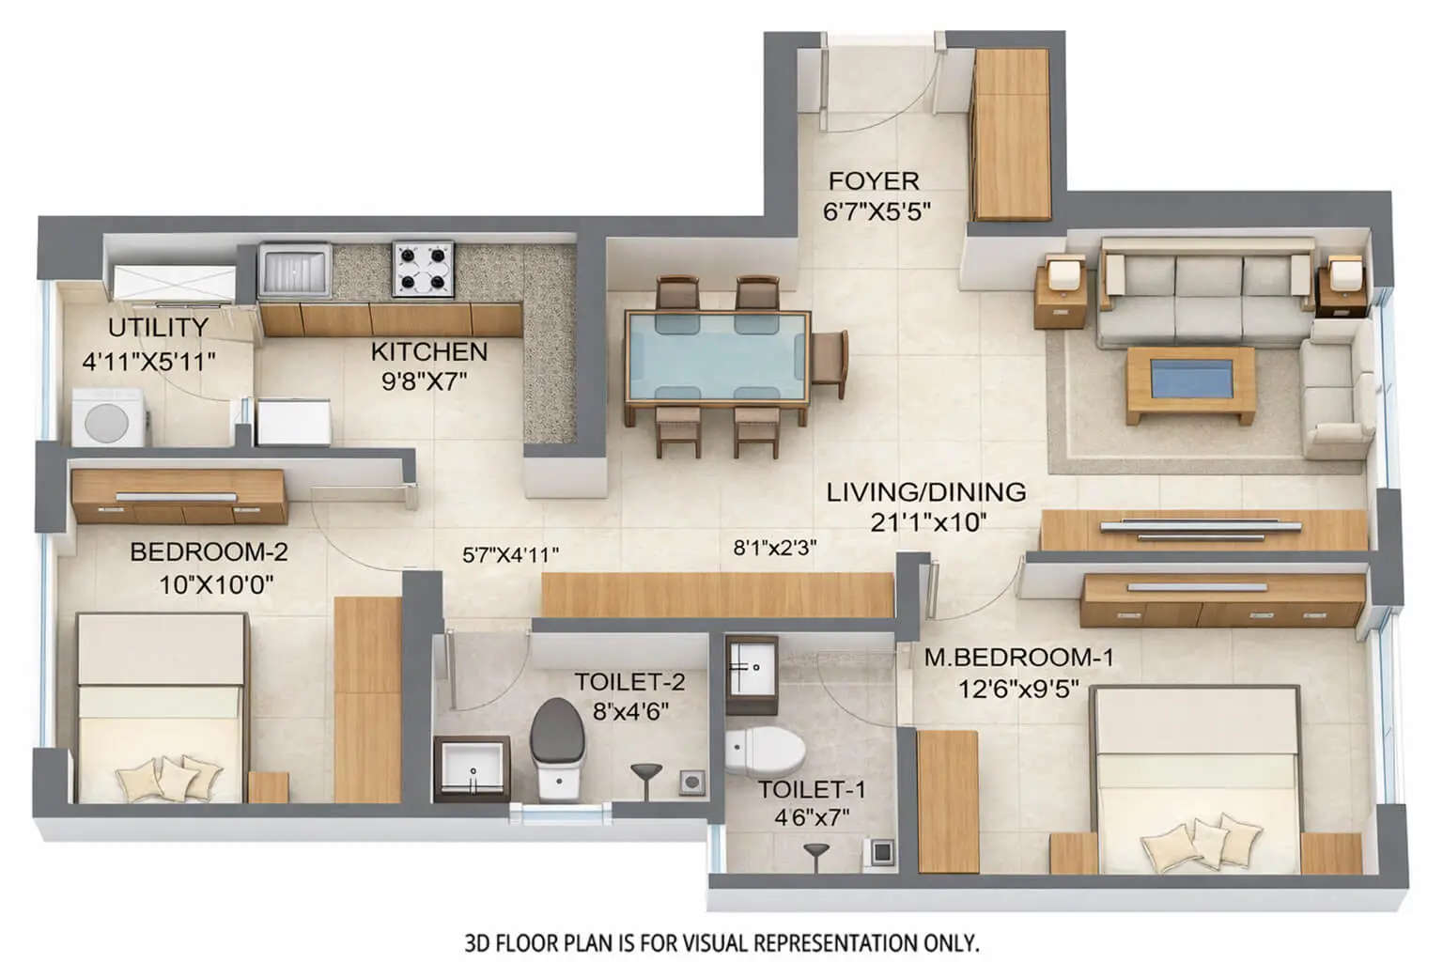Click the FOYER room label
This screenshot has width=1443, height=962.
point(873,180)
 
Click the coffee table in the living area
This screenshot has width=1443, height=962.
point(1190,383)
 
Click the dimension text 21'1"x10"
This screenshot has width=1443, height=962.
point(926,522)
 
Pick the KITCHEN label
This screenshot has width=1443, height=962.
point(428,352)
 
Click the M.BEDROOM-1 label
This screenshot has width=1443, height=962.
point(1018,658)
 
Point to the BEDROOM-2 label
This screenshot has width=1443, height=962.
point(209,552)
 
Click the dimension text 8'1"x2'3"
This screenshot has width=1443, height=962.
point(774,548)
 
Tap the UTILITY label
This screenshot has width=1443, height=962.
point(158,328)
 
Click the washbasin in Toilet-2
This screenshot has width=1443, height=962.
point(473,768)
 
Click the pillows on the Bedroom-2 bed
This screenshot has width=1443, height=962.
point(169,776)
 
